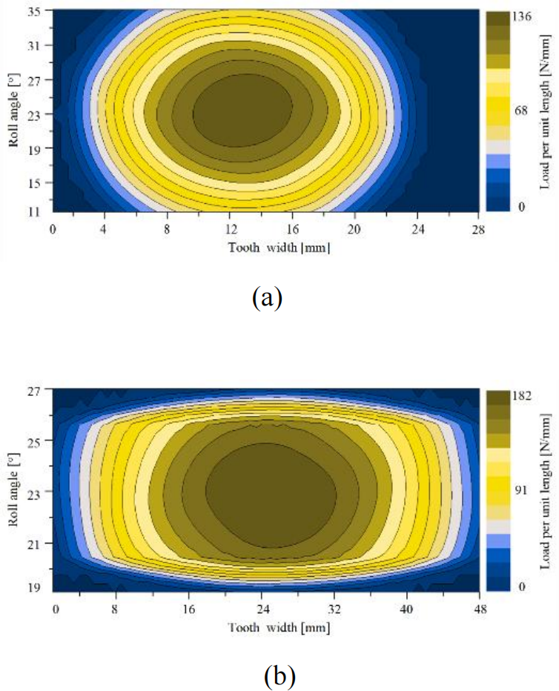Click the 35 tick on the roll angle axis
pos(35,11)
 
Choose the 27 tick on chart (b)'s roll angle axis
pos(35,389)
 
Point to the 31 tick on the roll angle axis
pos(35,45)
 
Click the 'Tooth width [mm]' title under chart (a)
pos(279,247)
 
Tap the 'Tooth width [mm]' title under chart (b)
pos(279,626)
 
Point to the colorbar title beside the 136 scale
pos(547,111)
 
